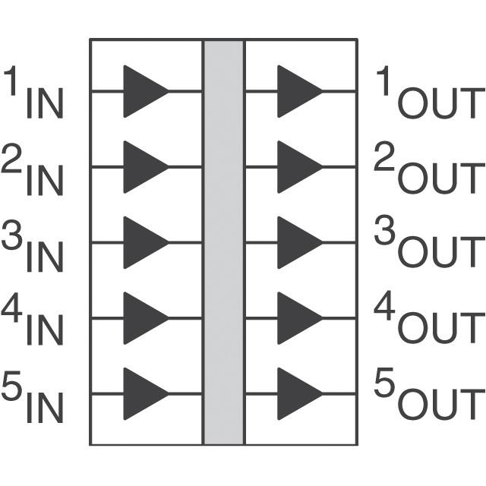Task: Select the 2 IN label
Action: click(33, 171)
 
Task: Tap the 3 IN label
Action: click(33, 246)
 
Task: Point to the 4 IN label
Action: click(33, 321)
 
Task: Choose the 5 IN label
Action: click(33, 397)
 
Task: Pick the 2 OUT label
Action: click(429, 171)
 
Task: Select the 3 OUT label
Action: click(429, 246)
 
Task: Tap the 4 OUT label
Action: click(429, 321)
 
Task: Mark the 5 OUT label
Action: click(429, 397)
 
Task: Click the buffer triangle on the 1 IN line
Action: click(143, 91)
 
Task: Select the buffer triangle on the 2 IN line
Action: click(143, 167)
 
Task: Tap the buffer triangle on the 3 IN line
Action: click(143, 243)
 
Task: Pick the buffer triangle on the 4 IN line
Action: click(143, 318)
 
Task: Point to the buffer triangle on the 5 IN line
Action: click(143, 394)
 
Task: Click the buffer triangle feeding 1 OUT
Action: click(297, 91)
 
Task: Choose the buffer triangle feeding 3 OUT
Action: click(297, 243)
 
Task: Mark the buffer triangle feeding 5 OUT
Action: click(297, 394)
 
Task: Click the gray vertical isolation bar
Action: click(223, 242)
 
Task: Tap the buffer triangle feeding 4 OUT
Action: click(297, 318)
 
